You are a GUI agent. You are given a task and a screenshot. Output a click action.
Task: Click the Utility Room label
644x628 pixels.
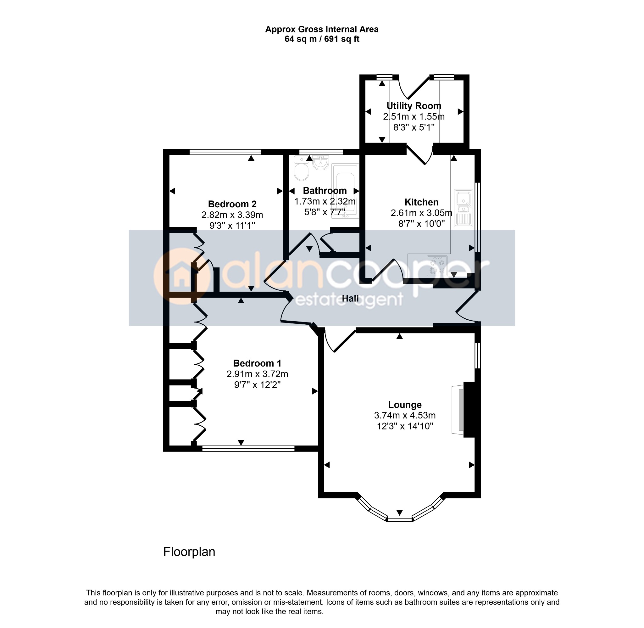414,106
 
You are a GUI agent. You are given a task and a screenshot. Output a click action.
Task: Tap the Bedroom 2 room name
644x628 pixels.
232,204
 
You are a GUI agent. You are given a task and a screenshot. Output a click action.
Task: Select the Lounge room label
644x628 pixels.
405,405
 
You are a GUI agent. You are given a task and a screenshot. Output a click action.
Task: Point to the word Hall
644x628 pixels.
350,299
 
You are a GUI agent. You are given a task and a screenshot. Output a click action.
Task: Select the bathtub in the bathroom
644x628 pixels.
345,191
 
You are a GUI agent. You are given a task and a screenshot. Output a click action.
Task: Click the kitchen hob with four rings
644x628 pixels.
437,266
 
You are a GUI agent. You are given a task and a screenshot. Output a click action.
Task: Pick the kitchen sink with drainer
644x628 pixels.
464,208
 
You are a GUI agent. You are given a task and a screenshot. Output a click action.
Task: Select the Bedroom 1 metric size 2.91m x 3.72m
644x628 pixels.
257,374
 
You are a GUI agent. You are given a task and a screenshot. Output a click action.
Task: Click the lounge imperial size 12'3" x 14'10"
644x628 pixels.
405,426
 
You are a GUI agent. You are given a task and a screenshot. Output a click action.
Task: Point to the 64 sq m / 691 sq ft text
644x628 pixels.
322,39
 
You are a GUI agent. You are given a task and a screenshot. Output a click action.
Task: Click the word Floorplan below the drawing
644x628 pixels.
189,552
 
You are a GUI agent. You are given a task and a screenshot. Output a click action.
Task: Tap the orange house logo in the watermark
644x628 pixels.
182,276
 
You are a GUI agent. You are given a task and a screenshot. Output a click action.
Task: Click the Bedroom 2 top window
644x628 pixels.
225,152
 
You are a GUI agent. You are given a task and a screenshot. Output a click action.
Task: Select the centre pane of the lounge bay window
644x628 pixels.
399,519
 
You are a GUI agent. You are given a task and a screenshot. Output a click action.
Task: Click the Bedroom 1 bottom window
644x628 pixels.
248,449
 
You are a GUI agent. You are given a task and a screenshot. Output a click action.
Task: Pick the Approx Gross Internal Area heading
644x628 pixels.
322,29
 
